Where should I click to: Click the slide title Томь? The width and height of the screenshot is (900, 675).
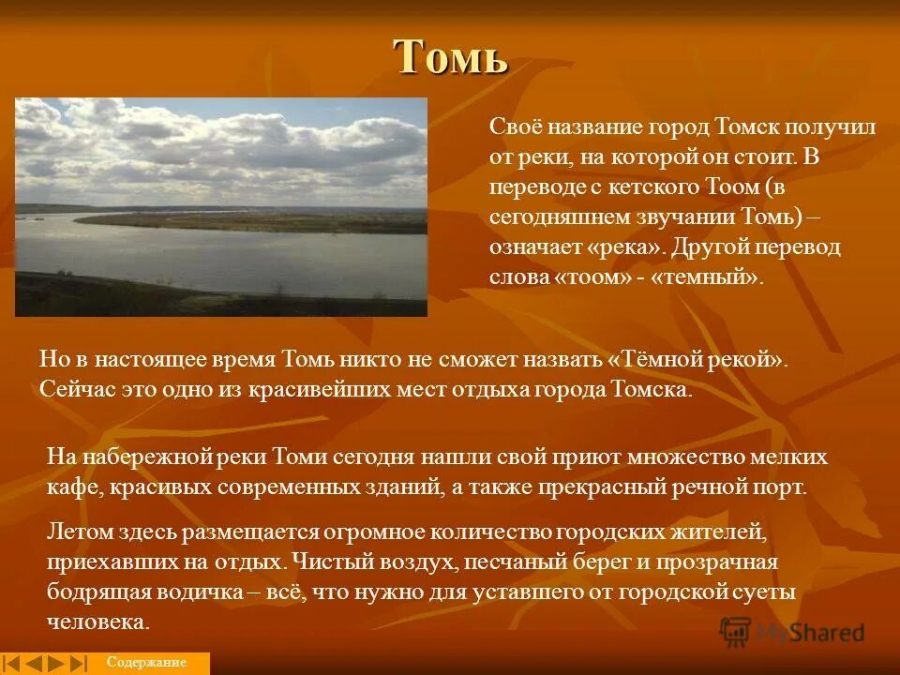pyautogui.click(x=451, y=58)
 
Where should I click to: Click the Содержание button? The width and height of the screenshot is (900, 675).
pyautogui.click(x=146, y=663)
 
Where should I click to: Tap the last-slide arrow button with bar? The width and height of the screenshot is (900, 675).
pyautogui.click(x=79, y=663)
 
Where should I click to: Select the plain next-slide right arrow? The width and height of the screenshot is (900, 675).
pyautogui.click(x=56, y=663)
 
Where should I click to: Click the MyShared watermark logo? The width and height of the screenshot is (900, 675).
pyautogui.click(x=792, y=631)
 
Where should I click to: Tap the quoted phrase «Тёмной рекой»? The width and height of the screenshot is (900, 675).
pyautogui.click(x=696, y=360)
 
